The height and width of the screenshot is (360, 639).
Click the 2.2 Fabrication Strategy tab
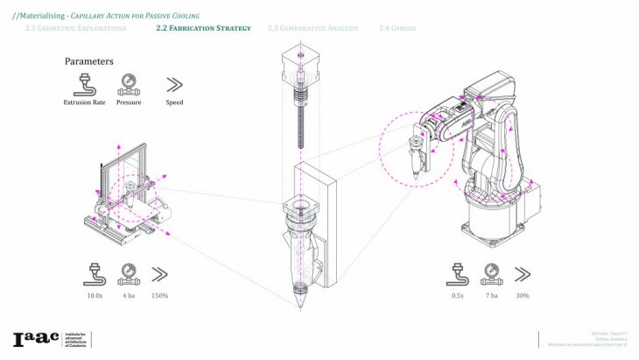[x=203, y=29]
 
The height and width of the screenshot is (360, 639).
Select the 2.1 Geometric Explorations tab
[x=75, y=29]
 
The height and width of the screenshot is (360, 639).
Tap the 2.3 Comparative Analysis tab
[x=312, y=29]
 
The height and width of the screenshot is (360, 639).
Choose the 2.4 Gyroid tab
[x=397, y=29]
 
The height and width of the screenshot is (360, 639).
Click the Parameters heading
[x=88, y=62]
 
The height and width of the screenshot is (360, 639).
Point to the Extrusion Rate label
[x=84, y=102]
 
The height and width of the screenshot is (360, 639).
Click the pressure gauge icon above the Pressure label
[x=129, y=85]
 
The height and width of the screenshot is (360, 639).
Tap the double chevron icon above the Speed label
[x=174, y=85]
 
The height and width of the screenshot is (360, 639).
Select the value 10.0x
[x=95, y=296]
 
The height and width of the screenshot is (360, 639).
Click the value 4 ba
[x=128, y=296]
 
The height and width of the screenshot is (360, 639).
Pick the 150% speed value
[x=159, y=296]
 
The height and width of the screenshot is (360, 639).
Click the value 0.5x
[x=458, y=296]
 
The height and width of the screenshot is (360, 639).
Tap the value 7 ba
[x=491, y=296]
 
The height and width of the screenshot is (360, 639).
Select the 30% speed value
[x=523, y=296]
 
